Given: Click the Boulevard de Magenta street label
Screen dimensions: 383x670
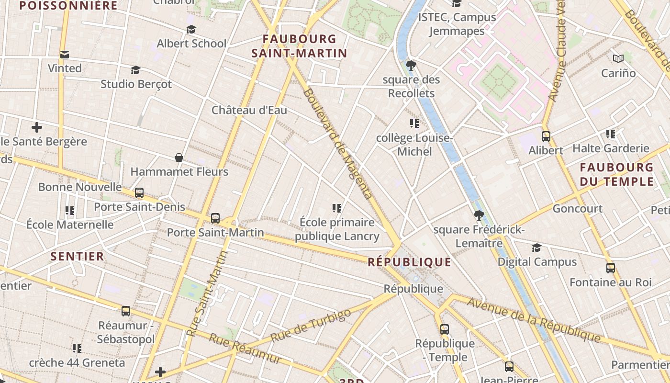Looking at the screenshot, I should [337, 143].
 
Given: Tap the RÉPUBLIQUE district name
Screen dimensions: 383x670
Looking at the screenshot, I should [409, 262].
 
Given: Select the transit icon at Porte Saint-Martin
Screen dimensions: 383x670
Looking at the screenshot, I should [215, 218].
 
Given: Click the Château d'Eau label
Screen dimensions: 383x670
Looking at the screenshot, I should [249, 110].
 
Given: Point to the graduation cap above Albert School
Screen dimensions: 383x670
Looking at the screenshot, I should [191, 30].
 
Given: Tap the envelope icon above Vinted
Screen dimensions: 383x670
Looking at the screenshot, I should [65, 55].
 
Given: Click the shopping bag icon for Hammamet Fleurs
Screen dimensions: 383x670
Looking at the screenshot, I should [179, 158].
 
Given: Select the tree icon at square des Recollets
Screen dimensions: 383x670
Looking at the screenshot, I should [411, 66].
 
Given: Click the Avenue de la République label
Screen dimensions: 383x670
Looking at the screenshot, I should [534, 319].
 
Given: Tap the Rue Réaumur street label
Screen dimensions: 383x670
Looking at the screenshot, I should [245, 348].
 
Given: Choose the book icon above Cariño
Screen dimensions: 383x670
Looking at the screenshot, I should [618, 59].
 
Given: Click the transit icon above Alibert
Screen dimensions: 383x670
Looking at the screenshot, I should [546, 136].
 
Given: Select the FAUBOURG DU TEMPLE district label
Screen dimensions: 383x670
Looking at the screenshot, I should [616, 174].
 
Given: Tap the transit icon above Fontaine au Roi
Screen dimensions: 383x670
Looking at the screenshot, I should [610, 268].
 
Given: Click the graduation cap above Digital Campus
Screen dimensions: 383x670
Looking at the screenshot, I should [537, 248].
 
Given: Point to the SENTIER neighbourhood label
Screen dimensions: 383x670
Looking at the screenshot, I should [78, 256].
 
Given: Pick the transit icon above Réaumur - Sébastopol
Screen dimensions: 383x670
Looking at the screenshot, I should [126, 311].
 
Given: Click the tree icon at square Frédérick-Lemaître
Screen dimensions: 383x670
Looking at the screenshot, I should [479, 215].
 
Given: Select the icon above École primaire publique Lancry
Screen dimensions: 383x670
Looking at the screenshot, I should [337, 208].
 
